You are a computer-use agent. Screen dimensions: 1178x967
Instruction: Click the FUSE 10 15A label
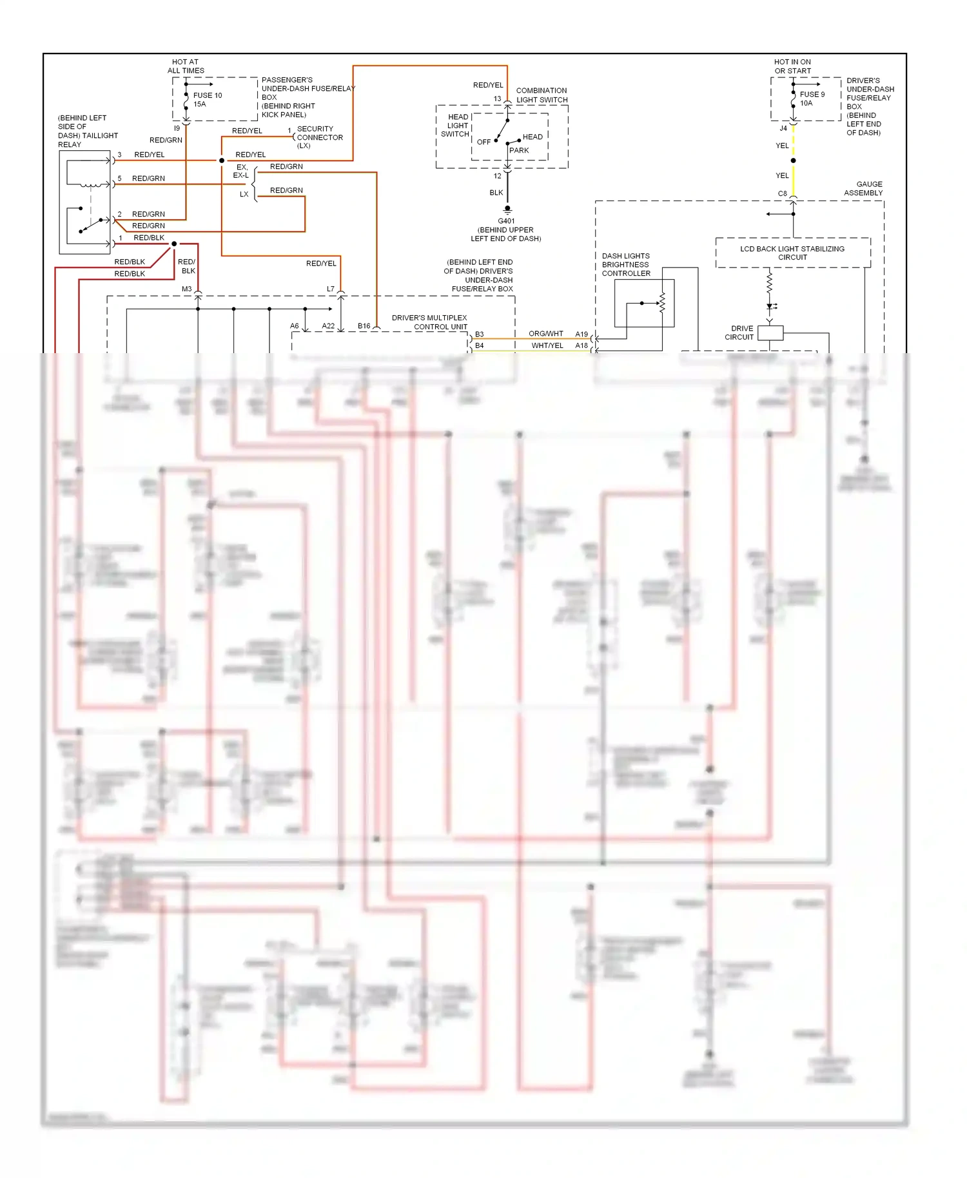point(207,99)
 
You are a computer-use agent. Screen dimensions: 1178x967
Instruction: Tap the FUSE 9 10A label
point(811,99)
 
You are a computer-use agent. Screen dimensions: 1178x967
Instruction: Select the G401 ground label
point(506,221)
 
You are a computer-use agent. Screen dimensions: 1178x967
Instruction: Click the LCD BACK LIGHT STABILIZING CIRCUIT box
point(792,253)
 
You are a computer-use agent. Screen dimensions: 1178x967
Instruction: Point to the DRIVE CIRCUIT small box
point(770,333)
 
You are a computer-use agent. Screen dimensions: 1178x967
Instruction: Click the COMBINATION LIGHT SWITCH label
point(542,95)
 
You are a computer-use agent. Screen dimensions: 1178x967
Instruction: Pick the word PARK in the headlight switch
point(519,150)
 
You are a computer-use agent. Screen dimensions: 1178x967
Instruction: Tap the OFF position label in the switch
point(484,142)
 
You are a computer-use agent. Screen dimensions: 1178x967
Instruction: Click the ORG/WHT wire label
point(545,334)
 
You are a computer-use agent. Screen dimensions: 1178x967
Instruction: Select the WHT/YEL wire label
point(547,345)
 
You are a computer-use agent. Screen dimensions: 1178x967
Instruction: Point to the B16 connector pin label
point(364,326)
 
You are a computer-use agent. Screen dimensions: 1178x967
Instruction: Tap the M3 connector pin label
point(186,289)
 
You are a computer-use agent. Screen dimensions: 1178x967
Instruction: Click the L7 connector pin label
point(330,289)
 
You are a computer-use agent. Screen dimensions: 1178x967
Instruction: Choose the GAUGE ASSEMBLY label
point(863,188)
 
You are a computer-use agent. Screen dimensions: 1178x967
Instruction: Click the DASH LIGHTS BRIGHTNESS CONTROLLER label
point(625,265)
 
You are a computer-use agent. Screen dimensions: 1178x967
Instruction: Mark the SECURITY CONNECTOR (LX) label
point(319,137)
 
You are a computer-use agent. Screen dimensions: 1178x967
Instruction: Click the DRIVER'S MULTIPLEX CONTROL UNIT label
point(429,322)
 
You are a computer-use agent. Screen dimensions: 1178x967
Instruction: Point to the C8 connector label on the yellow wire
point(782,193)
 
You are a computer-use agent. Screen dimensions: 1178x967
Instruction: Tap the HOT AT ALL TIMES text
point(185,66)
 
